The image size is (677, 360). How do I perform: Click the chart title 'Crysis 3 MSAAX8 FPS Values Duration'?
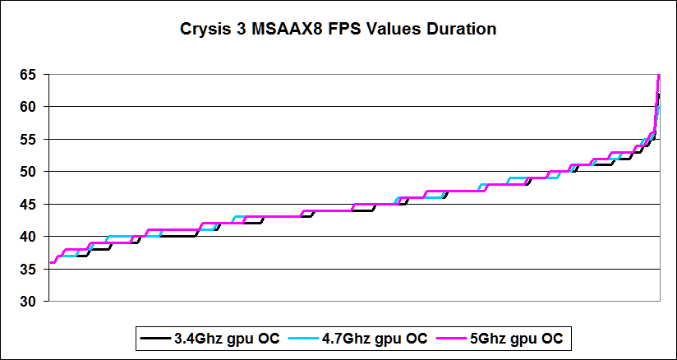338,30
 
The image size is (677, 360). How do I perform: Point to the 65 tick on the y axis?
29,75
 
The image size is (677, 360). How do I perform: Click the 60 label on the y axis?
29,107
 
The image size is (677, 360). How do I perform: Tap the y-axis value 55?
29,140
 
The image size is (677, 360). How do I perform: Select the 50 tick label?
29,172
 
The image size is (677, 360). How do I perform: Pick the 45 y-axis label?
29,205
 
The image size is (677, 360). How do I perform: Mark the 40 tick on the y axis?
29,237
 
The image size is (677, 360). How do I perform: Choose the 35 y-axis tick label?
29,270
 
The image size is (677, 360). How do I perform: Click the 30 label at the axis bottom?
29,302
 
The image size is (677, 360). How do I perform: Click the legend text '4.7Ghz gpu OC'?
381,338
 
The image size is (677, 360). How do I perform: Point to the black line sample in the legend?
154,338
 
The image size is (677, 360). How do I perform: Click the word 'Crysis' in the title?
204,30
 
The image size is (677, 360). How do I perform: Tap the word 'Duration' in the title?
460,30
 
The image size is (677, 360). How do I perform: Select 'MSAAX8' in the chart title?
282,30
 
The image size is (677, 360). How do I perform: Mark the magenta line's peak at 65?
659,76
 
